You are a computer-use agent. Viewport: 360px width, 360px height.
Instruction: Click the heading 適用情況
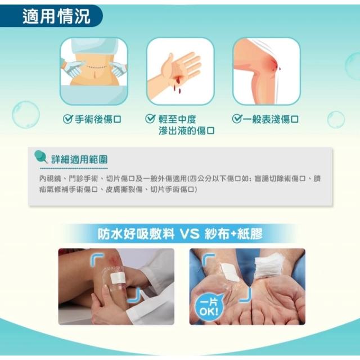click(x=56, y=16)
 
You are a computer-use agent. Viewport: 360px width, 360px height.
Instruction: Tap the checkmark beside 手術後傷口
click(x=67, y=119)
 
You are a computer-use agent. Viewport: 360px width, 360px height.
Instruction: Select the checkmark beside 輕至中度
click(x=150, y=119)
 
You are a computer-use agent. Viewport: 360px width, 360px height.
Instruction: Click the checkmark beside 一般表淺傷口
click(x=237, y=119)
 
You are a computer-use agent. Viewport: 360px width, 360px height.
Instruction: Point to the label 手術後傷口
click(x=98, y=119)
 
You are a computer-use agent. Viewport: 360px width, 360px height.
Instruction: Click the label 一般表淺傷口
click(x=271, y=119)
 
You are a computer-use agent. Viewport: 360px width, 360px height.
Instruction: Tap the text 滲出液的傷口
click(x=187, y=130)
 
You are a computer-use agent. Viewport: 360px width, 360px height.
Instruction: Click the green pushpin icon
click(x=40, y=156)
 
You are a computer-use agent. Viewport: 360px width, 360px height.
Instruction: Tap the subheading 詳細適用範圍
click(x=79, y=159)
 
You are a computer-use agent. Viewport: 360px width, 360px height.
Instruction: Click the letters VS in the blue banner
click(x=190, y=234)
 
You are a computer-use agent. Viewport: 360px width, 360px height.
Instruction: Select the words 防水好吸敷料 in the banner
click(x=136, y=234)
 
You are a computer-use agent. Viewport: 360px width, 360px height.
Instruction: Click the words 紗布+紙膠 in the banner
click(x=233, y=234)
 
